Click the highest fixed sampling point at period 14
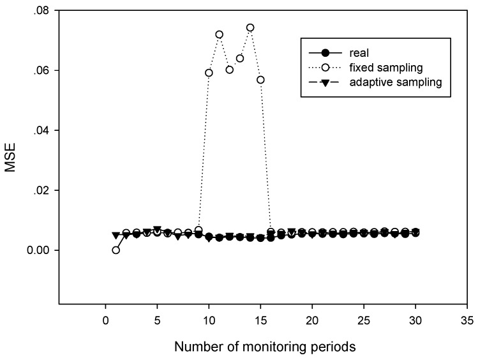(250, 27)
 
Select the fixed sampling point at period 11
(219, 34)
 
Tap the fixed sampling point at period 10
(209, 73)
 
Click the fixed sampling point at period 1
(116, 250)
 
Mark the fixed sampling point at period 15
(260, 79)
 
